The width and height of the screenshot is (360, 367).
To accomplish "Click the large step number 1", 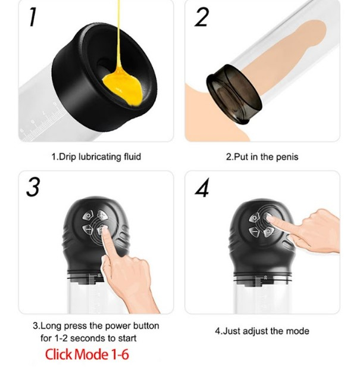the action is [x=33, y=17].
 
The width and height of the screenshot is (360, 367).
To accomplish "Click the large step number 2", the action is [x=202, y=17].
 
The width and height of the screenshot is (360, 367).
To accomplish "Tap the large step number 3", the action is [x=33, y=187].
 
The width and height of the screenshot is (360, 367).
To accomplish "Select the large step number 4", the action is [x=202, y=188].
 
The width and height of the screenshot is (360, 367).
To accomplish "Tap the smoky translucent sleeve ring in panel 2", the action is [x=234, y=94].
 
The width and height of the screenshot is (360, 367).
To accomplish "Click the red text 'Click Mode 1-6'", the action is [x=87, y=354].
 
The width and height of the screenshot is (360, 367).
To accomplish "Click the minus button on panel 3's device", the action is [x=88, y=229].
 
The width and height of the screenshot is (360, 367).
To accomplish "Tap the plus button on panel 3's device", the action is [x=101, y=215].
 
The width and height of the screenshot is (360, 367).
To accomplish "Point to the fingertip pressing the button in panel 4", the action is [x=268, y=217].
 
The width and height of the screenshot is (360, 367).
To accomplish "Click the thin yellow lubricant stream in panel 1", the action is [x=119, y=35].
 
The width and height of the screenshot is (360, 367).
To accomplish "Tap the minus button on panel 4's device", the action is [x=254, y=232].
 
